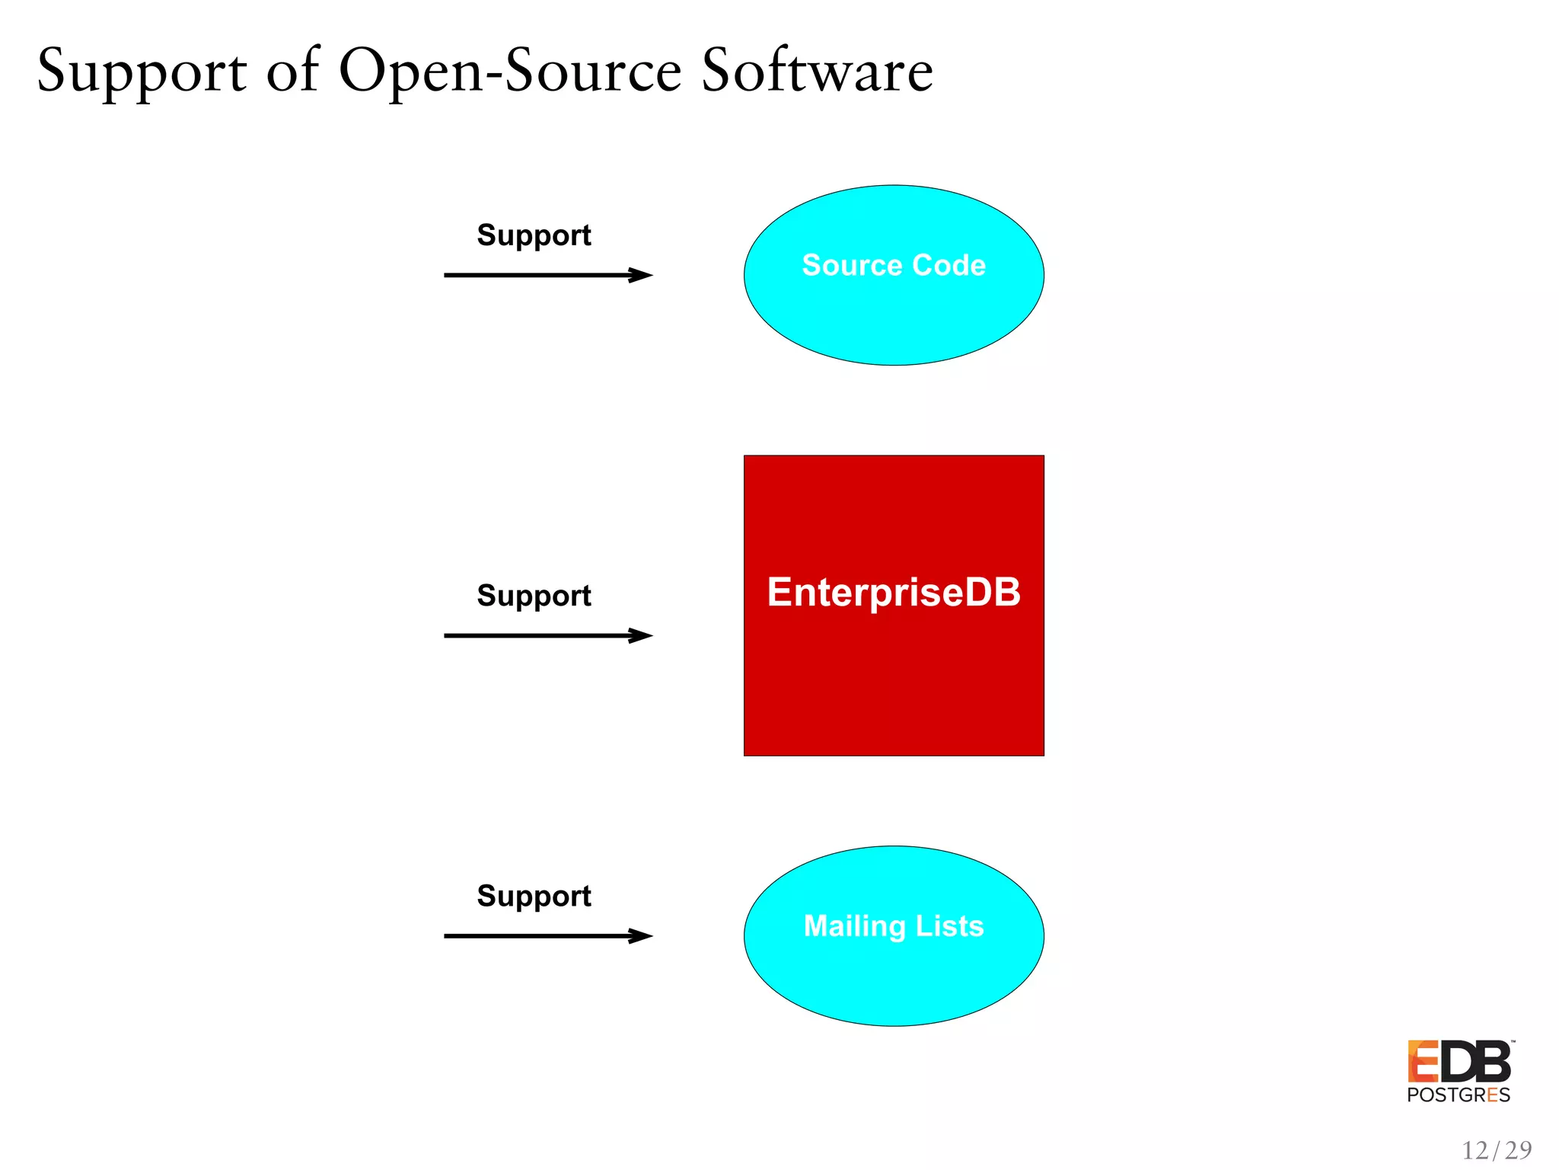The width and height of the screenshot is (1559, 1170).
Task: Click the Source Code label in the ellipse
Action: [x=894, y=265]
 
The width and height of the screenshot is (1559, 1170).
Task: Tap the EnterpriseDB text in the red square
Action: [x=894, y=592]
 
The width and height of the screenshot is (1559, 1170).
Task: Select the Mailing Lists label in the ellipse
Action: [x=894, y=925]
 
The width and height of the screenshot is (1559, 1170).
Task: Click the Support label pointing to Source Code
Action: [x=534, y=235]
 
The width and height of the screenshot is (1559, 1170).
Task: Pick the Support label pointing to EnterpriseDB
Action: [x=534, y=596]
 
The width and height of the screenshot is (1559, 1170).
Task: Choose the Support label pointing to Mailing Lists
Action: [x=534, y=896]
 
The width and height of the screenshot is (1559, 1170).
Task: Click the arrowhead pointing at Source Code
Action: [x=641, y=275]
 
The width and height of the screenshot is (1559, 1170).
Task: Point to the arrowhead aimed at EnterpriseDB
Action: [x=641, y=635]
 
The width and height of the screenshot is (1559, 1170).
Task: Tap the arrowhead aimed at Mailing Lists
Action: [x=641, y=935]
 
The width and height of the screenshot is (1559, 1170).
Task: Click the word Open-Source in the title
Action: [x=510, y=71]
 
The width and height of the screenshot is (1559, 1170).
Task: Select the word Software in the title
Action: [x=817, y=71]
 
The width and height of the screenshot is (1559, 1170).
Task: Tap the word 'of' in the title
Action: [x=293, y=71]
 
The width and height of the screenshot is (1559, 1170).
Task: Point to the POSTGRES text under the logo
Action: [x=1459, y=1095]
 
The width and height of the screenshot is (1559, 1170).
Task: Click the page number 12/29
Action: [x=1497, y=1149]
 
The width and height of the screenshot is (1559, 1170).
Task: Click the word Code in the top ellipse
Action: [x=949, y=265]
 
